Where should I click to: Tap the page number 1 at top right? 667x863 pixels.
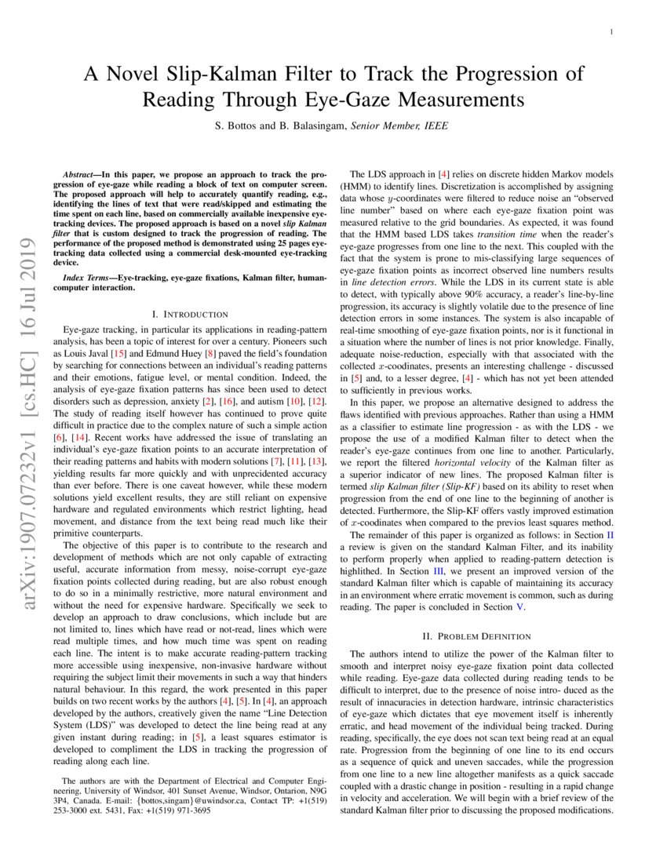pyautogui.click(x=611, y=31)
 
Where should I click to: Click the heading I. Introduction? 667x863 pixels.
pyautogui.click(x=188, y=314)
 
